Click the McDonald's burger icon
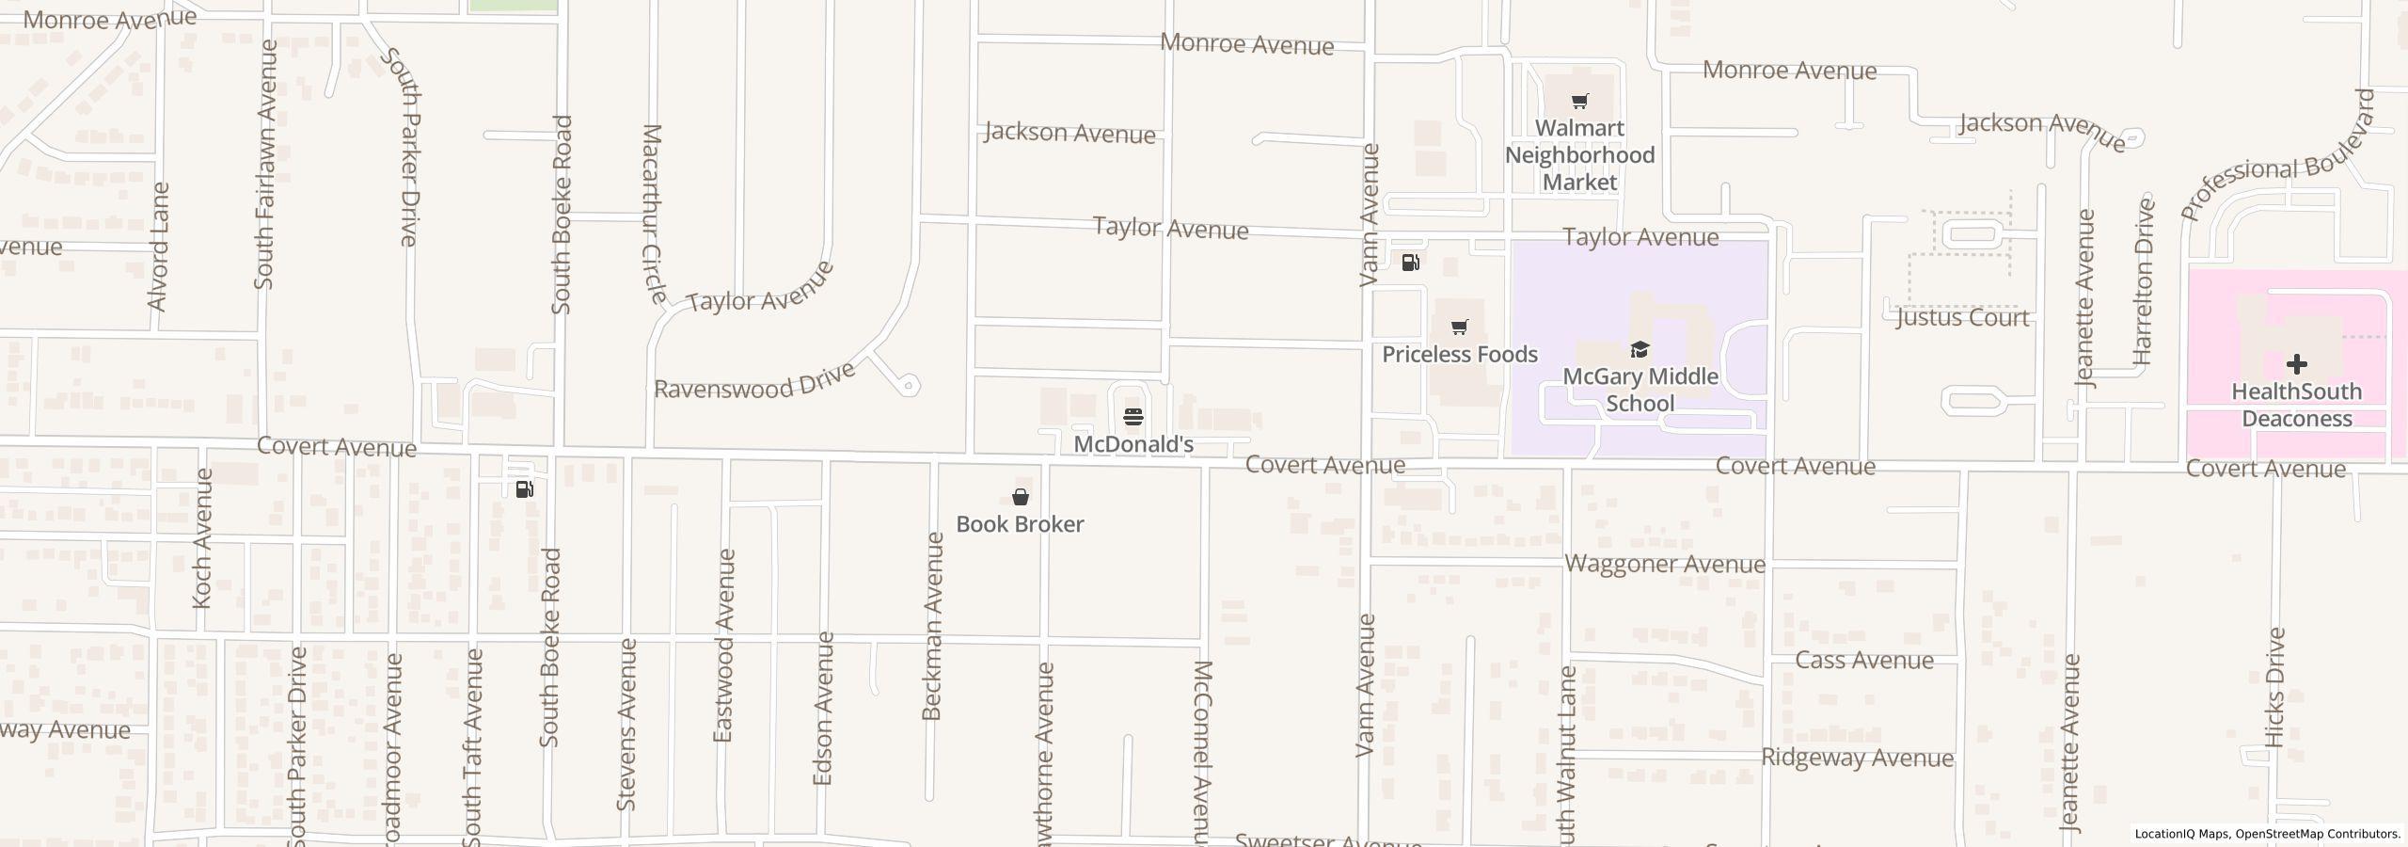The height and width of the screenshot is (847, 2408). [1133, 417]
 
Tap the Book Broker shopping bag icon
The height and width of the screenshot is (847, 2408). [1020, 497]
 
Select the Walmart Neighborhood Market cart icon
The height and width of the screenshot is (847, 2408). [1579, 102]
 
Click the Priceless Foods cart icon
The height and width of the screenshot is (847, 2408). [1459, 328]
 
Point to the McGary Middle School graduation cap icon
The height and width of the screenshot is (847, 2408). [1640, 350]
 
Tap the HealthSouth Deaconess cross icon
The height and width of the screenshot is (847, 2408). [2296, 364]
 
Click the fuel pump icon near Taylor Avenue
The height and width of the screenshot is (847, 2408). [1410, 263]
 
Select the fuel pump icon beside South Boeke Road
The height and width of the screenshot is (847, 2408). [525, 488]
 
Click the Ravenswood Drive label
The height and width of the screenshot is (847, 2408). [754, 379]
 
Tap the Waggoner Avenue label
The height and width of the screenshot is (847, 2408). [1665, 564]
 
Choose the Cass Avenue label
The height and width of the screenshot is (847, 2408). [1863, 660]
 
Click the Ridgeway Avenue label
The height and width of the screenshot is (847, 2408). [1857, 758]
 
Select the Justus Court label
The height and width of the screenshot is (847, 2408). [1962, 318]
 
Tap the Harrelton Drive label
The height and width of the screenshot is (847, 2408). [2144, 281]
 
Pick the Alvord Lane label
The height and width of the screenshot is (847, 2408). [158, 247]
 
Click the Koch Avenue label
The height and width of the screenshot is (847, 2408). [202, 537]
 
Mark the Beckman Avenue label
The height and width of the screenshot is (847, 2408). [932, 627]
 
